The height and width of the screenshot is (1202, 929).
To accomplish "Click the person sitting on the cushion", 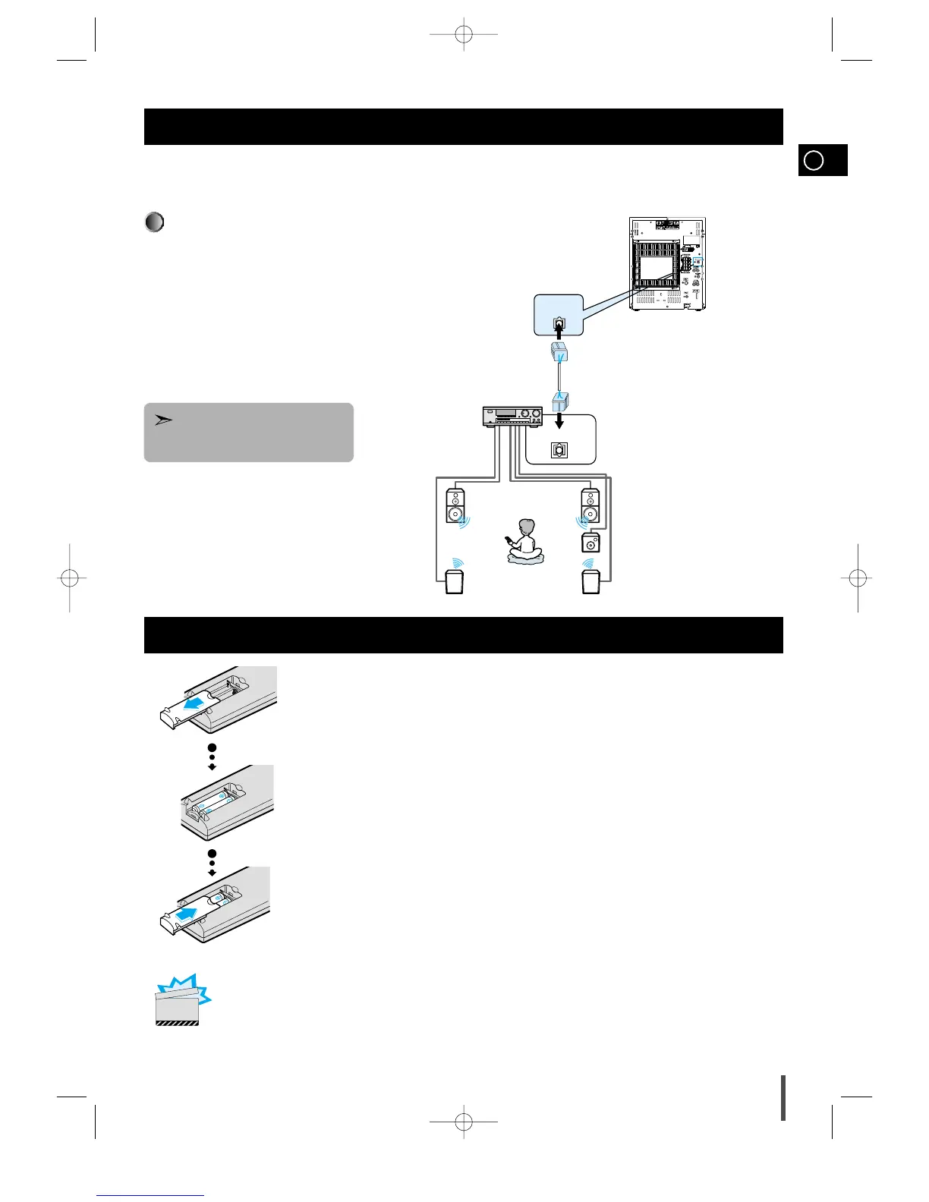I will tap(524, 540).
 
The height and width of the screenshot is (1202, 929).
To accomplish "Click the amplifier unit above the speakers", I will tap(513, 417).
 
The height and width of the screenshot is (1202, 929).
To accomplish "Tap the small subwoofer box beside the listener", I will tap(590, 543).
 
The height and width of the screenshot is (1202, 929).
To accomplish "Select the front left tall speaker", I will tap(455, 506).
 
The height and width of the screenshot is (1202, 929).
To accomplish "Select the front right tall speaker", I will tap(590, 506).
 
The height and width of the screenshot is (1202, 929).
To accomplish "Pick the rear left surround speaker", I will tap(454, 582).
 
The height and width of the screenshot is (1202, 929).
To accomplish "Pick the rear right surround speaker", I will tap(590, 582).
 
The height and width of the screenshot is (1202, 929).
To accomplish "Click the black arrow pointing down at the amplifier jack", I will tap(559, 420).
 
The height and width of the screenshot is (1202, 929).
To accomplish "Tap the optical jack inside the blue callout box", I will tap(559, 322).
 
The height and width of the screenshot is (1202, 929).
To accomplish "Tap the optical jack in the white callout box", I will tap(559, 450).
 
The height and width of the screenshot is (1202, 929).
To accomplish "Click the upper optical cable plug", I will tap(559, 353).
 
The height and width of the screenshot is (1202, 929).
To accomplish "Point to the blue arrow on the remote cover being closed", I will tap(185, 913).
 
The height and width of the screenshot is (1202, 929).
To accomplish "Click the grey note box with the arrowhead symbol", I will tap(249, 433).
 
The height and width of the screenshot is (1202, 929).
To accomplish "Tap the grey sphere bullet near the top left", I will tap(154, 222).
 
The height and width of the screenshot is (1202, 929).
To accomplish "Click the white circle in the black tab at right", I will tap(813, 161).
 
